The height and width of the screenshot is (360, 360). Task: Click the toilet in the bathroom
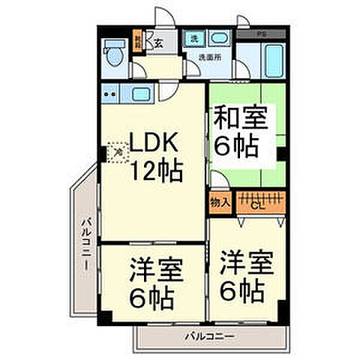113,53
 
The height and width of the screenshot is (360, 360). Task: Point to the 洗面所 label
210,57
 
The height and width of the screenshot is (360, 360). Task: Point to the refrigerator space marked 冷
118,153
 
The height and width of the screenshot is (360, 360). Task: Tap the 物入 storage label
220,202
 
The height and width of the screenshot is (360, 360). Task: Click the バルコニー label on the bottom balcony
210,334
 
